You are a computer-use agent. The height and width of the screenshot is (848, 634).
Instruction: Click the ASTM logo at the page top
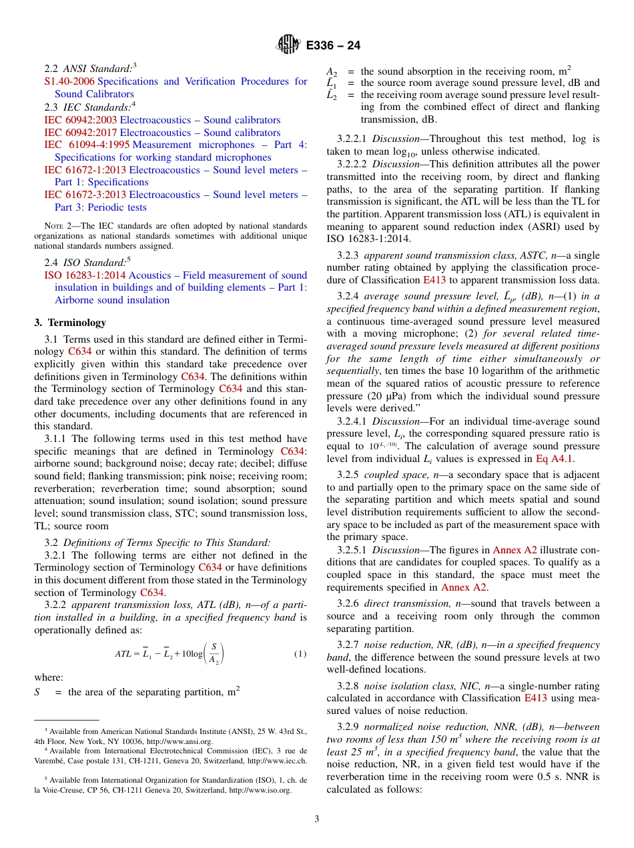pos(288,45)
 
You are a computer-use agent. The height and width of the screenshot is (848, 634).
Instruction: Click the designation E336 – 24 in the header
pos(333,45)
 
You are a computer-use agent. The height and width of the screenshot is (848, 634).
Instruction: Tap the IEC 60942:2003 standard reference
pos(80,120)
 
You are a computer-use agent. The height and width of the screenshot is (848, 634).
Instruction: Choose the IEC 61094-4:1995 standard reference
pos(87,145)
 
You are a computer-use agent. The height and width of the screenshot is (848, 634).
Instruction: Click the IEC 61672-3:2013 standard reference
pos(85,195)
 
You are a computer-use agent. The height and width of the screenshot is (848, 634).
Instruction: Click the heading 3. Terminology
pos(70,323)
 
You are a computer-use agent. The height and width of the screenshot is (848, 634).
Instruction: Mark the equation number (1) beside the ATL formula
pos(300,654)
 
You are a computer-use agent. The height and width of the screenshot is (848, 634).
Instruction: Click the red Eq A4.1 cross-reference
pos(554,459)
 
